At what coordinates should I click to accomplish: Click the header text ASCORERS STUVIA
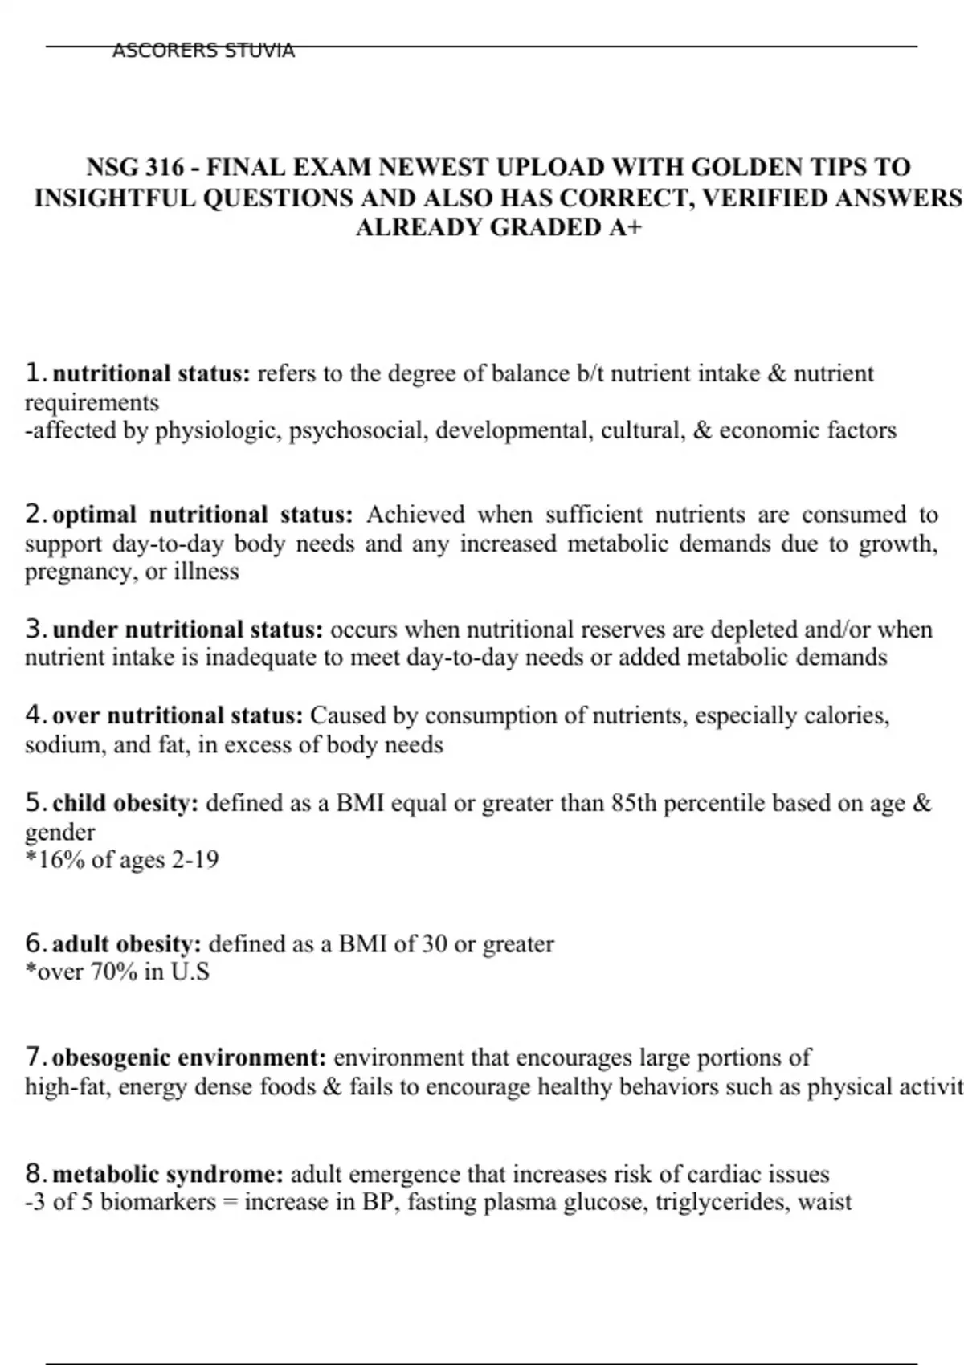(x=203, y=51)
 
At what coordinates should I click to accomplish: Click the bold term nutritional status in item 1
(x=152, y=373)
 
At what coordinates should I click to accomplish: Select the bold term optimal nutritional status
(x=202, y=514)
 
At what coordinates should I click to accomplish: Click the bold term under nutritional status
(x=188, y=629)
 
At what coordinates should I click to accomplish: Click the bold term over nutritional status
(x=178, y=715)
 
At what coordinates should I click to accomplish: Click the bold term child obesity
(x=125, y=802)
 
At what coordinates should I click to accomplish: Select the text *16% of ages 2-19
(x=122, y=859)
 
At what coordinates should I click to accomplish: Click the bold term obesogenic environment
(x=190, y=1057)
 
